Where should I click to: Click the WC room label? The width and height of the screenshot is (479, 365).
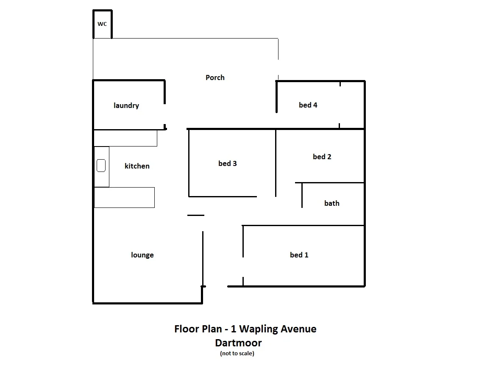pos(102,24)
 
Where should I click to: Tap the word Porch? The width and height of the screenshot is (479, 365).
pos(215,77)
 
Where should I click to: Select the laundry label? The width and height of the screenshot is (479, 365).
pos(126,105)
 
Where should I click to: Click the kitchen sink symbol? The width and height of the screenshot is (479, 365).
pos(101,166)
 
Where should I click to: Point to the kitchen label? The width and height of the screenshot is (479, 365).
pos(137,166)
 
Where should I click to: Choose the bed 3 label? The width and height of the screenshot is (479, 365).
pos(228,163)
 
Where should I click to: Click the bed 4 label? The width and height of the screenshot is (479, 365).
pos(308,105)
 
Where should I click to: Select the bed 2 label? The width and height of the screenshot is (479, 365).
pos(322,157)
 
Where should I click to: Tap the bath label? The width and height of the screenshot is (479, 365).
pos(331,203)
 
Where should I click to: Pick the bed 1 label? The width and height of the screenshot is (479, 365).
pos(299,255)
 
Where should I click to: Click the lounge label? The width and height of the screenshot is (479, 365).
pos(142,255)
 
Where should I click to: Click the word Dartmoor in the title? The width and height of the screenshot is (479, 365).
pos(238,343)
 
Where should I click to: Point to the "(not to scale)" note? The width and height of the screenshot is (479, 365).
pos(237,353)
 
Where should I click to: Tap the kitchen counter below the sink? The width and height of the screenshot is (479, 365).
pos(124,197)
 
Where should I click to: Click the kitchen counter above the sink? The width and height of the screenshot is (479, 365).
pos(125,138)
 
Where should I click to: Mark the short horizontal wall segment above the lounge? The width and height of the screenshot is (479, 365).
pos(196,216)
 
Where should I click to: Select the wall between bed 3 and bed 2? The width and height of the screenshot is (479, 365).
pos(276,163)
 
